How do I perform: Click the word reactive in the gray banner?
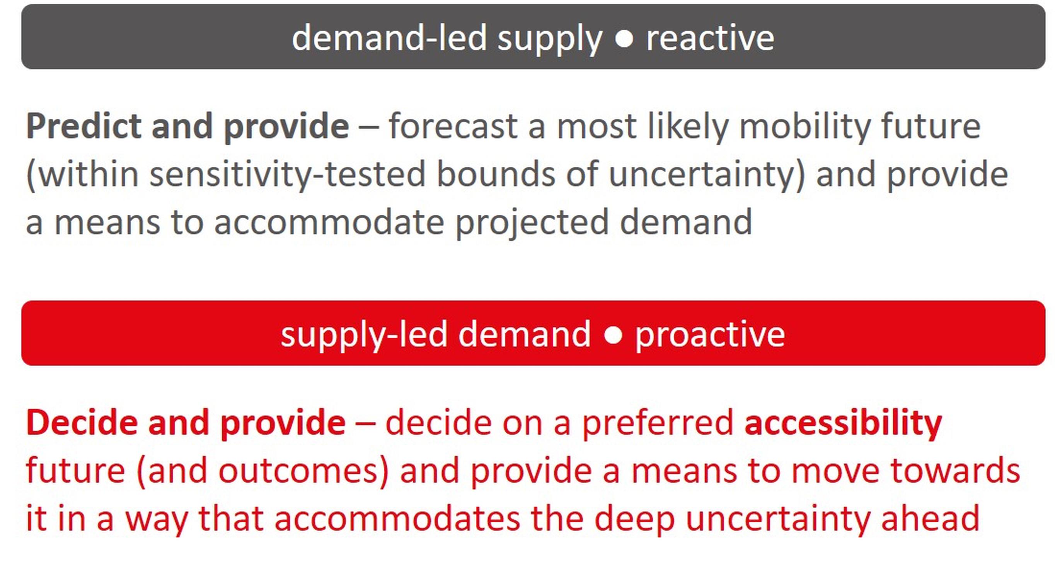[710, 37]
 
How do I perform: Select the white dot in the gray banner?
[624, 39]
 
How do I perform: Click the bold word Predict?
[84, 126]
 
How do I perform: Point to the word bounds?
[496, 174]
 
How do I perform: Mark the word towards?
[956, 471]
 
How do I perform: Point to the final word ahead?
[931, 519]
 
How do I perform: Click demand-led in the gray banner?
[389, 37]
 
